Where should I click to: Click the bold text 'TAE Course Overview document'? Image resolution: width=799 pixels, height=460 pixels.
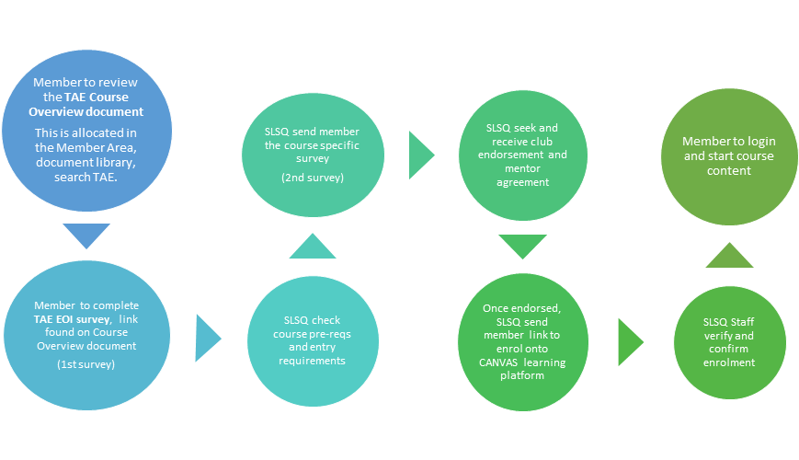click(90, 105)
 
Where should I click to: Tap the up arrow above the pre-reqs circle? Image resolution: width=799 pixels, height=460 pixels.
click(312, 246)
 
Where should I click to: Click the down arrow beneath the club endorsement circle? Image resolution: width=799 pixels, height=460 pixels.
click(521, 247)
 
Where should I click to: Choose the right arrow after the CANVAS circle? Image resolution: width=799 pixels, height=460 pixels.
click(631, 341)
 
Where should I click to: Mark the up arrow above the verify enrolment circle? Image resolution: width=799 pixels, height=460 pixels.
click(729, 255)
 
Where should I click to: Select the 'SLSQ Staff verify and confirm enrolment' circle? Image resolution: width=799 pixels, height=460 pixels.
click(728, 344)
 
